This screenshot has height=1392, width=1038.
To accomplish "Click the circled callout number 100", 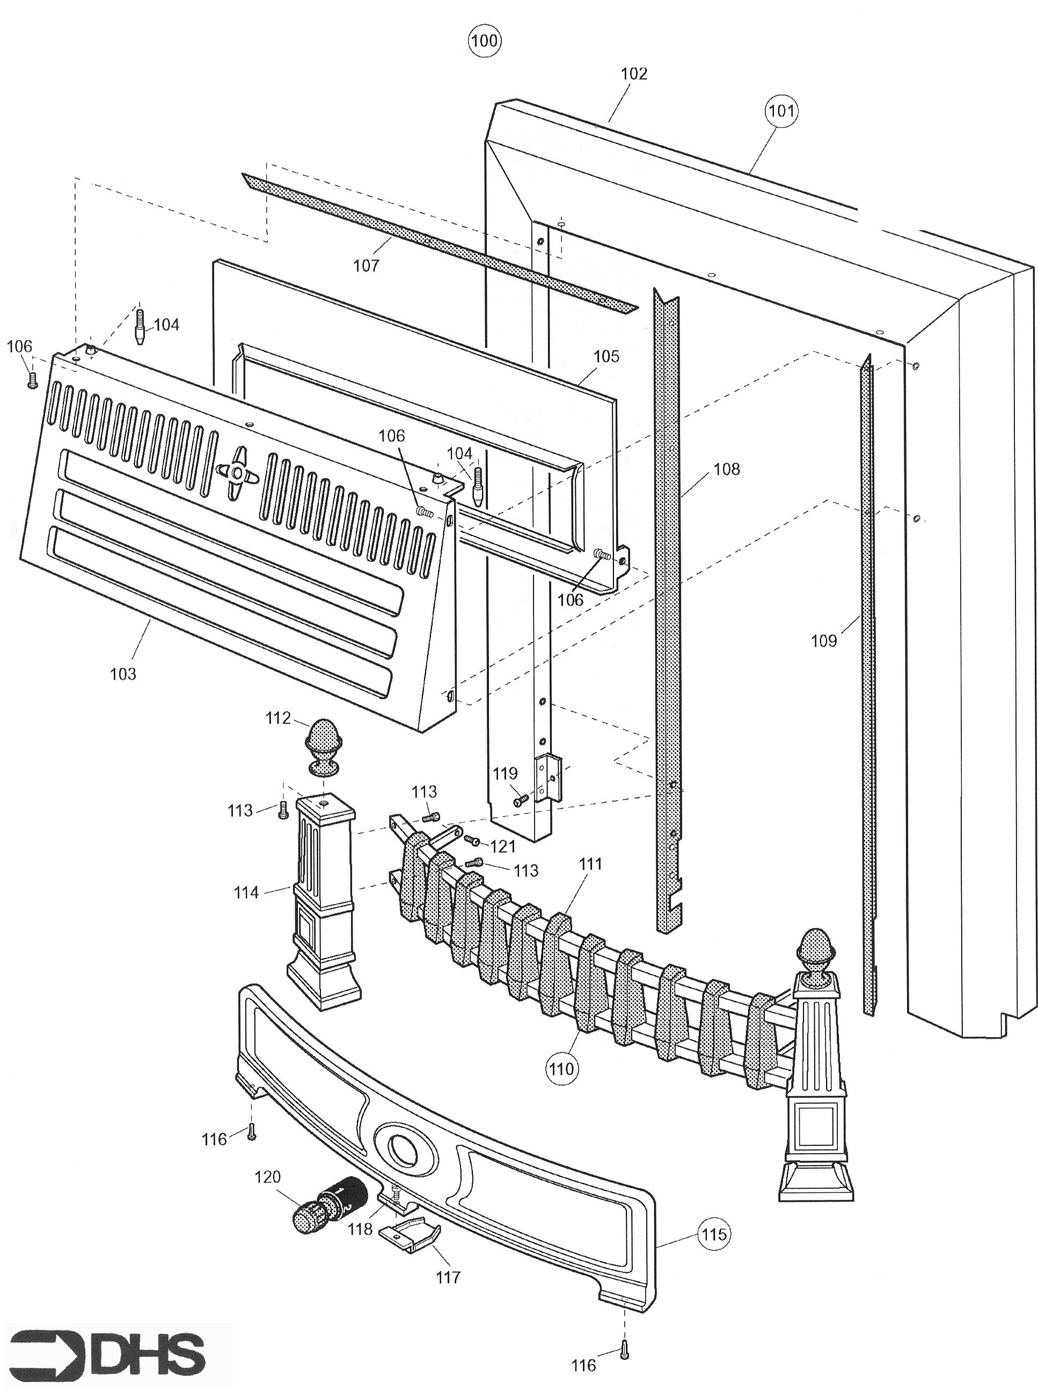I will point(485,41).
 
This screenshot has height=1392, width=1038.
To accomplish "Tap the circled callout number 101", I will point(781,111).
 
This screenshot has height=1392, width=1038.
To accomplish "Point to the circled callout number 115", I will point(714,1234).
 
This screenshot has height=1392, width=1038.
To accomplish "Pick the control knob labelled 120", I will point(328,1204).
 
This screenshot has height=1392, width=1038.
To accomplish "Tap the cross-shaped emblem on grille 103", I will point(237,472).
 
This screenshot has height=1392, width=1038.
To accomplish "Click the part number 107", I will point(367,265).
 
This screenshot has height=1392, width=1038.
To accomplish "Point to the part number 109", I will point(824,640).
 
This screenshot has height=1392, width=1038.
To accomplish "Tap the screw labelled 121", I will point(472,840).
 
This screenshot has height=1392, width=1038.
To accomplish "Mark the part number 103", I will point(123,673).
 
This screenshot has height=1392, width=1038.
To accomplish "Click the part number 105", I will point(606,356).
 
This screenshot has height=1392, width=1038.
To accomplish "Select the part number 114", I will point(246,892).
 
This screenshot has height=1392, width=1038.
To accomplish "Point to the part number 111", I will point(590,864).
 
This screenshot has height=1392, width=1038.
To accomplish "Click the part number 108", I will point(727,468).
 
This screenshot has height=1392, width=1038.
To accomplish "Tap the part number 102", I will point(633,74).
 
